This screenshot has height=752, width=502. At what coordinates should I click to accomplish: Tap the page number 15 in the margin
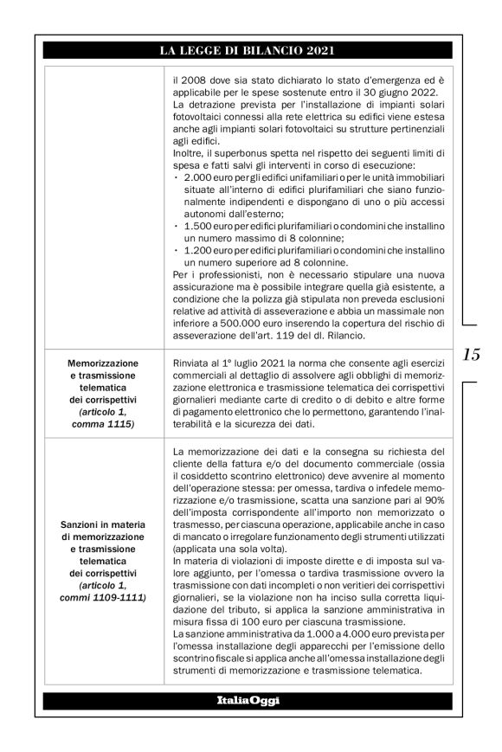click(472, 354)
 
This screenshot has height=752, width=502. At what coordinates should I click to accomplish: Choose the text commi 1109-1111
click(103, 597)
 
